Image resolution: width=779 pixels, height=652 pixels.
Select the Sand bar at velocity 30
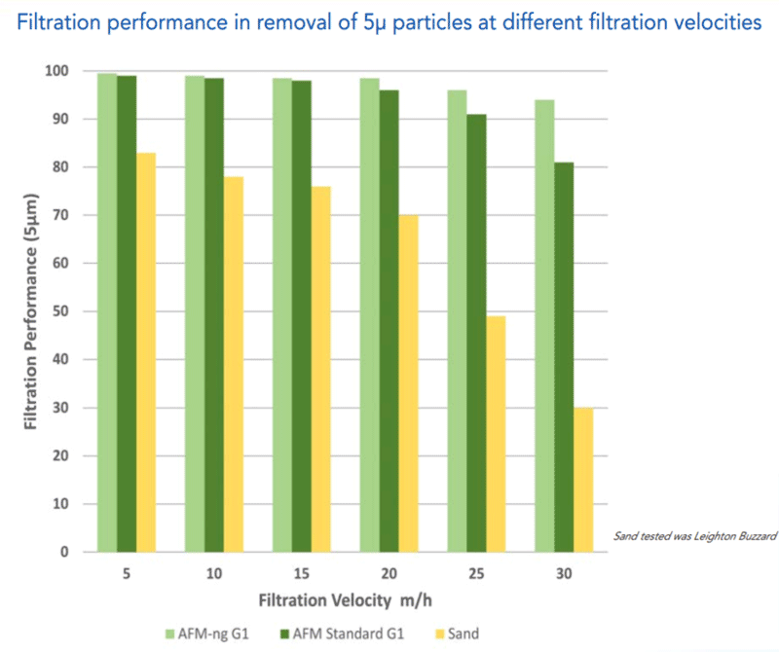coord(582,480)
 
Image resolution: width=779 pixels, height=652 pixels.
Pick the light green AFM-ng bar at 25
coord(457,321)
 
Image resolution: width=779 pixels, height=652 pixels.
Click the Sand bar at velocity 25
coord(496,434)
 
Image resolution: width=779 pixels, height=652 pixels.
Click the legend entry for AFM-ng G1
coord(209,634)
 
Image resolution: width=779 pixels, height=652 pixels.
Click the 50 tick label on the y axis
coord(63,311)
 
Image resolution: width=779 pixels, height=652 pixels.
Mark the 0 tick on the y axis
coord(67,552)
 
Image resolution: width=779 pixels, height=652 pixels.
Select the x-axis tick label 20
coord(389,574)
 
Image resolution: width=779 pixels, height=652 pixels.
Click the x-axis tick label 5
coord(127,574)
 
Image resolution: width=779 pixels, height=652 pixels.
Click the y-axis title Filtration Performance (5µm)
coord(32,311)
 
